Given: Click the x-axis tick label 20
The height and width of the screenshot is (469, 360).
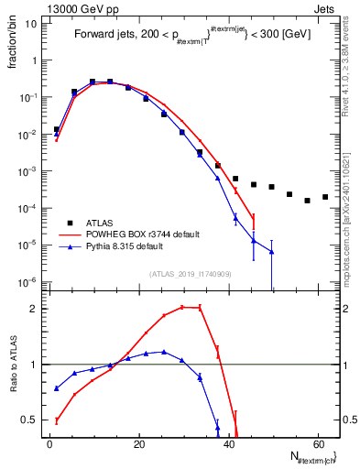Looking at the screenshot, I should point(138,443).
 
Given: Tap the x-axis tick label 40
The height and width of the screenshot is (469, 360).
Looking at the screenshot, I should point(228,443).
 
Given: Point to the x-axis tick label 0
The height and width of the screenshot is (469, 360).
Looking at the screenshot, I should point(49,443).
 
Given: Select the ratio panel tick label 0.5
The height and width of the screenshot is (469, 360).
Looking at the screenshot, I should point(32,420).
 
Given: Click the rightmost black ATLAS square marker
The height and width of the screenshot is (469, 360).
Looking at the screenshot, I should point(325,197).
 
